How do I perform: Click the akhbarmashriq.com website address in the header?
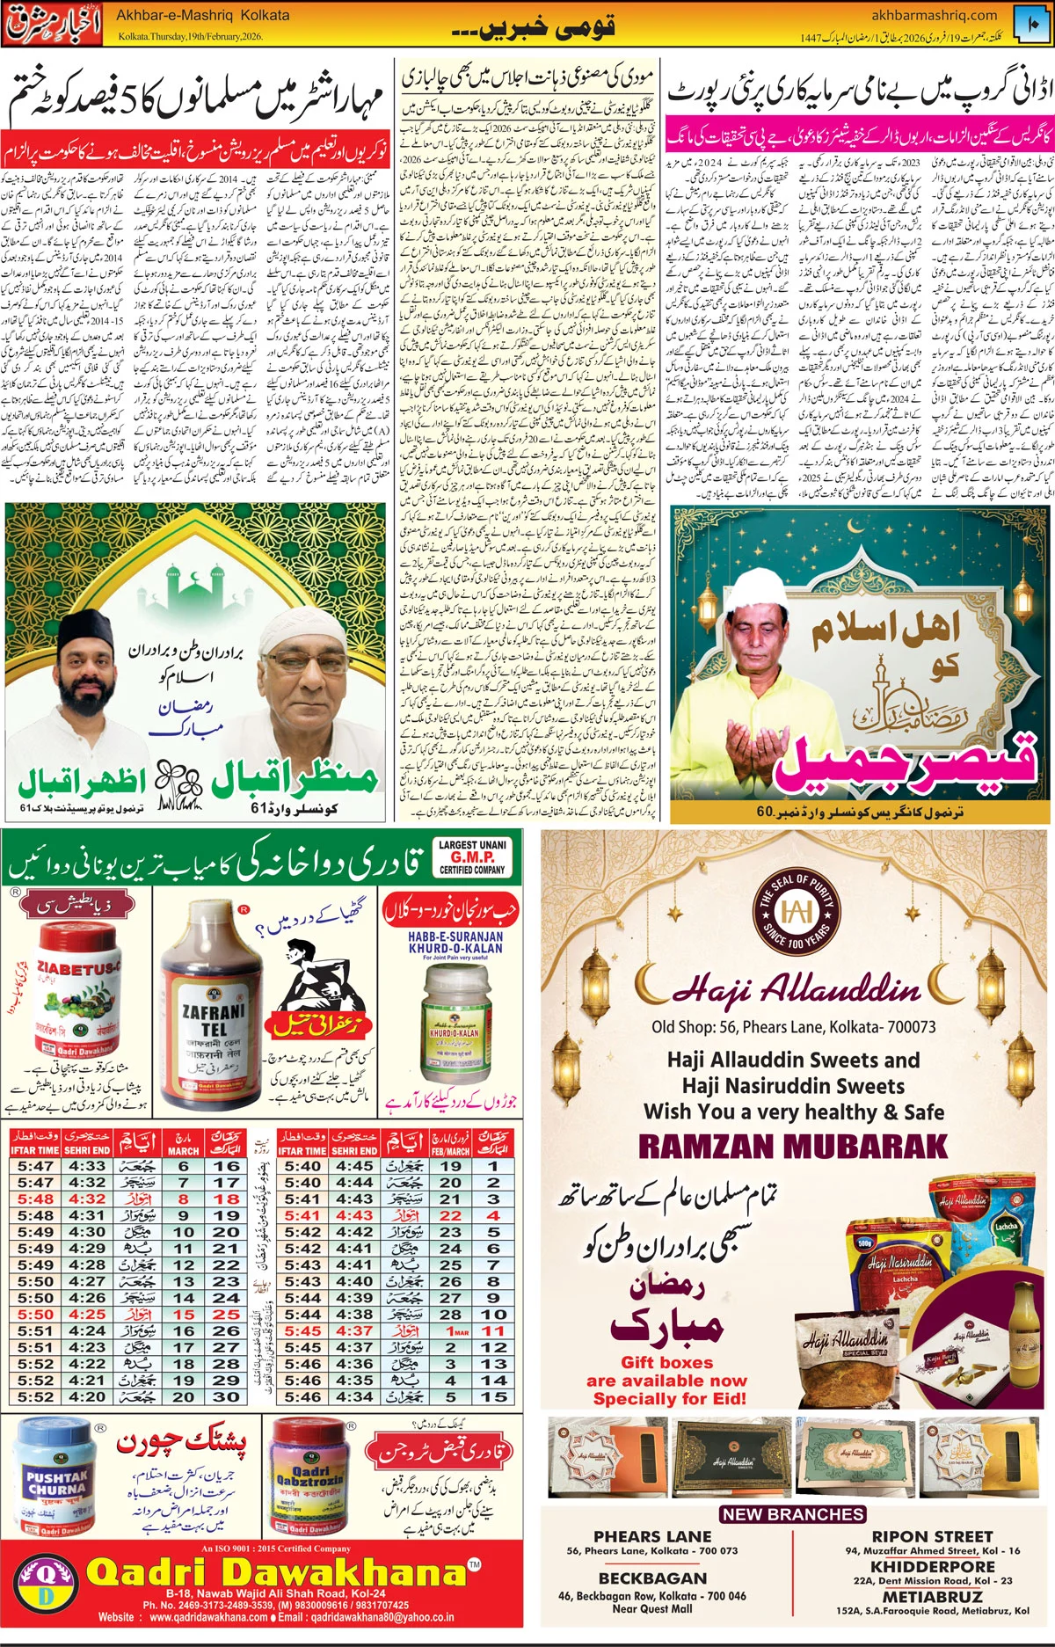934,15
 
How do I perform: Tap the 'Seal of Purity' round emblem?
797,910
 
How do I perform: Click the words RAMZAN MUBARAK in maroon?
793,1147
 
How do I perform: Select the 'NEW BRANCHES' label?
793,1514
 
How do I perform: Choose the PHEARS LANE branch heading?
652,1536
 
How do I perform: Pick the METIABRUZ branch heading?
932,1596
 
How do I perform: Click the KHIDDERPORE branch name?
932,1566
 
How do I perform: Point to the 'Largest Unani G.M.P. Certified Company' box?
472,856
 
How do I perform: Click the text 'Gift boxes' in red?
666,1362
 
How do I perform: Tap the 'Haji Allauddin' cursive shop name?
797,990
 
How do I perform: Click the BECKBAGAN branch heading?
652,1578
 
